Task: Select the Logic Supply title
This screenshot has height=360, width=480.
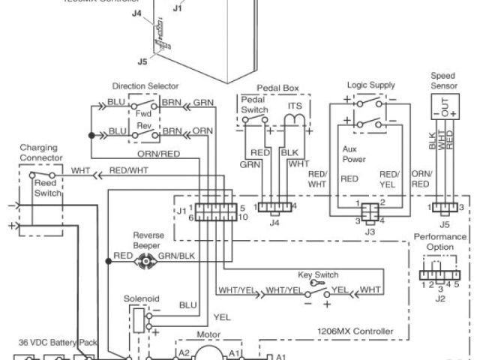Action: (371, 85)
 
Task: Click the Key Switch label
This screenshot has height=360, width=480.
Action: (318, 275)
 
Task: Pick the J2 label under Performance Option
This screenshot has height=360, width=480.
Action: (440, 298)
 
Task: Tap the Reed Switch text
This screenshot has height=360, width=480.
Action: (48, 188)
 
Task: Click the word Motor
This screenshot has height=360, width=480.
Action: (207, 337)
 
